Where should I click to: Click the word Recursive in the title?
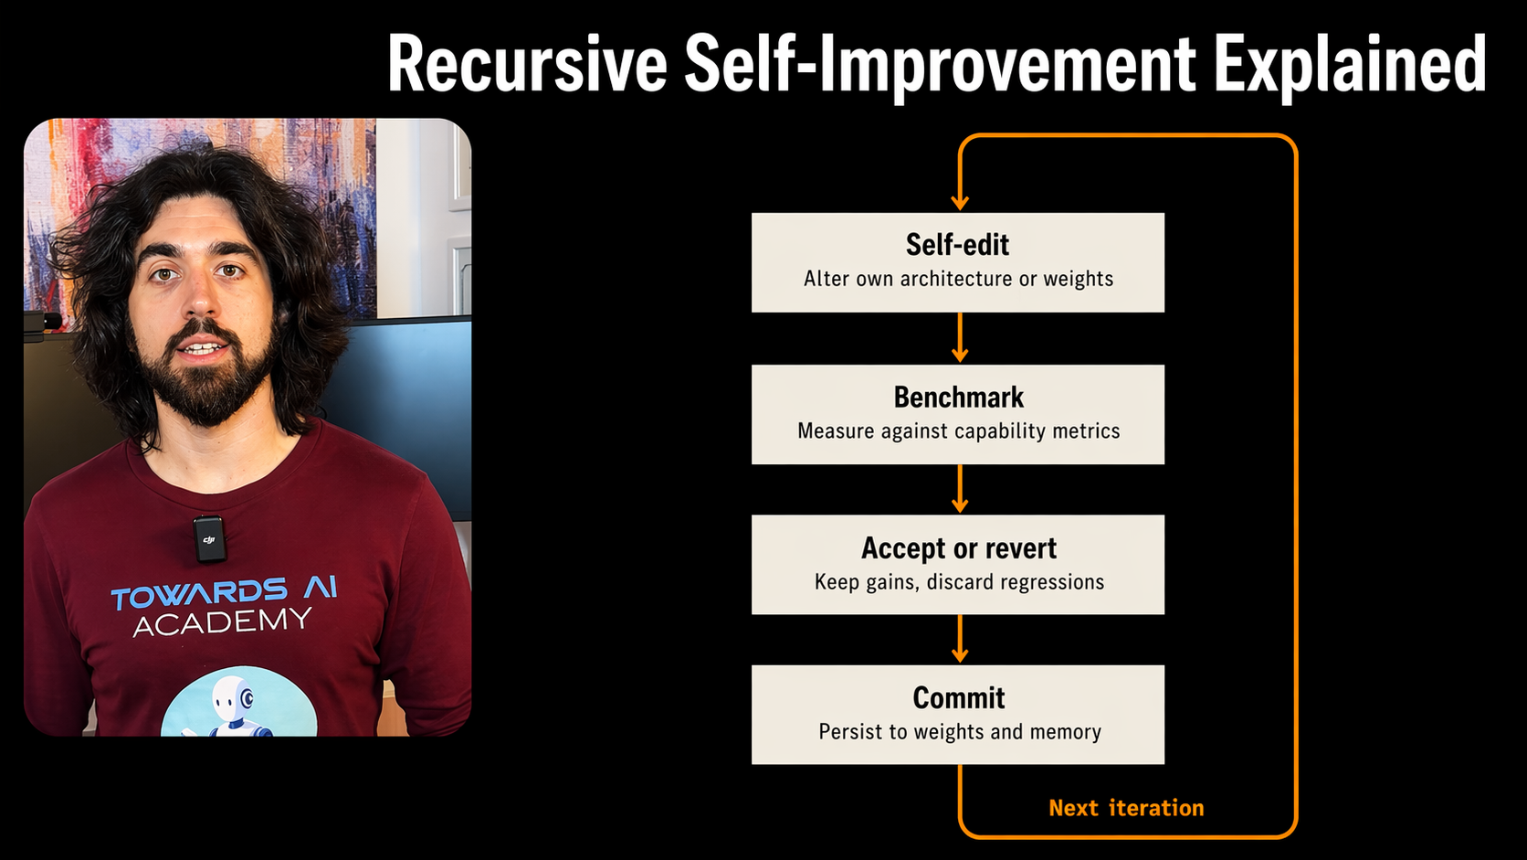(x=527, y=64)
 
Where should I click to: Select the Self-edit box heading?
(x=957, y=245)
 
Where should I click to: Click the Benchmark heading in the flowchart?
(x=958, y=398)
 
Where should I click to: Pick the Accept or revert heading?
(x=958, y=548)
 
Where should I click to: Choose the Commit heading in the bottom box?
(x=958, y=698)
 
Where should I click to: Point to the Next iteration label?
(x=1126, y=808)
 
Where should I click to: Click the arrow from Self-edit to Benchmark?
(x=959, y=339)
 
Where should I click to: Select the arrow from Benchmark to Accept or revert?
(x=959, y=490)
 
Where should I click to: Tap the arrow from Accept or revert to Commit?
(x=959, y=640)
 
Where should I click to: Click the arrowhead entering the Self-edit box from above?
(x=959, y=201)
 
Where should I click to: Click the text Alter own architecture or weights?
(x=958, y=279)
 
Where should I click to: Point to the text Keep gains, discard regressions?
(x=959, y=582)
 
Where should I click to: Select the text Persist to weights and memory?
(x=959, y=732)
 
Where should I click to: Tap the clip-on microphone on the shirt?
(x=209, y=538)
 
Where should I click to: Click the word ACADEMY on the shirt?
(x=222, y=622)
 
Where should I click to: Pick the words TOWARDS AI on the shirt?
(x=224, y=593)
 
